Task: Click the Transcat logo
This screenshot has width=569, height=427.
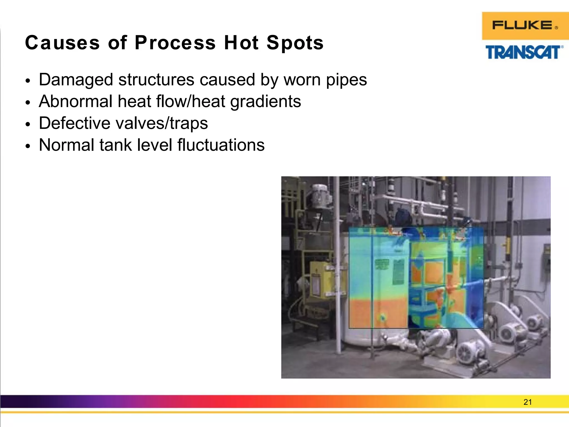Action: click(524, 52)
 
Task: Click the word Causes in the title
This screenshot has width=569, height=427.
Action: click(62, 43)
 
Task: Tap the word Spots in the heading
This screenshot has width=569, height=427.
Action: click(295, 43)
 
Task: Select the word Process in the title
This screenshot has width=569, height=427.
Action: click(175, 43)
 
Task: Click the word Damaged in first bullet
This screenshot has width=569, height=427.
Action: click(76, 80)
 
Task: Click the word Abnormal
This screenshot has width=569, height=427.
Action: click(75, 101)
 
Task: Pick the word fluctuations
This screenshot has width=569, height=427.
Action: click(221, 145)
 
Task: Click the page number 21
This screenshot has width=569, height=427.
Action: click(527, 402)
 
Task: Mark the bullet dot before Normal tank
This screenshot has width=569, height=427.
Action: click(27, 146)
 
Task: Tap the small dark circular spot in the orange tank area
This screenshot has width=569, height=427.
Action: click(383, 317)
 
